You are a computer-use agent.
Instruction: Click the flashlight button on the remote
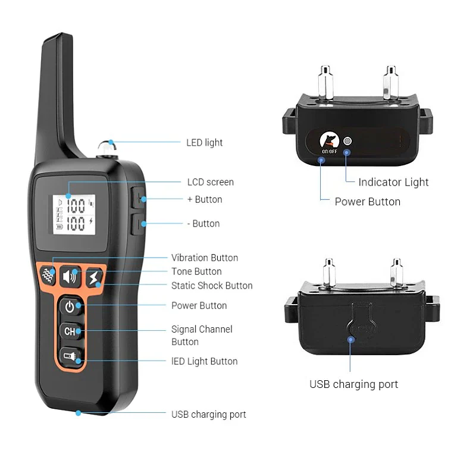pos(70,356)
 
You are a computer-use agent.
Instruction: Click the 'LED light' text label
pos(204,143)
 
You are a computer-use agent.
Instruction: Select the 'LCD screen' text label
pos(210,182)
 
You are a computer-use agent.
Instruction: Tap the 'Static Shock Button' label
pos(212,286)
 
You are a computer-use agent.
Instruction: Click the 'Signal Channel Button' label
pos(202,335)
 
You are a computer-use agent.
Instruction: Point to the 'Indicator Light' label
pos(393,182)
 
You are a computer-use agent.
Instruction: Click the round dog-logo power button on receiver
pos(328,140)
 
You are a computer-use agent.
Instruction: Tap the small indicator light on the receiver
pos(347,142)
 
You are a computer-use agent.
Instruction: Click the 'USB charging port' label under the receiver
pos(353,384)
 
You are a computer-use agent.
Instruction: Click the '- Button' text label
pos(203,224)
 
